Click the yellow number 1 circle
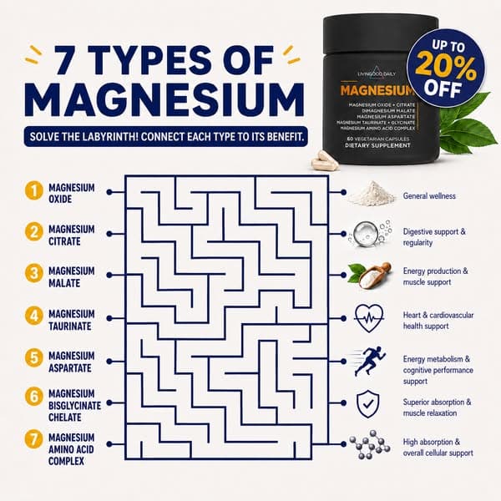(x=34, y=190)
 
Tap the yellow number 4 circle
(x=34, y=316)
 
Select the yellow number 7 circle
(x=34, y=439)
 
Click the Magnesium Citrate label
(x=72, y=235)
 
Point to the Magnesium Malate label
(x=72, y=277)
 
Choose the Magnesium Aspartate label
(x=72, y=362)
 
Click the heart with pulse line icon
(x=369, y=318)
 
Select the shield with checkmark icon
(x=367, y=404)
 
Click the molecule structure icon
(x=370, y=444)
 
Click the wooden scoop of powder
(x=371, y=276)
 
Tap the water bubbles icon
(x=370, y=233)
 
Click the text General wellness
(x=429, y=196)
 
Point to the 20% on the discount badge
(x=446, y=69)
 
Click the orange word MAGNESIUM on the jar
(x=377, y=90)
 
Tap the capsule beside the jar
(x=325, y=161)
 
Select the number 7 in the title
(x=67, y=60)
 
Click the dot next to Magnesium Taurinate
(x=109, y=318)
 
